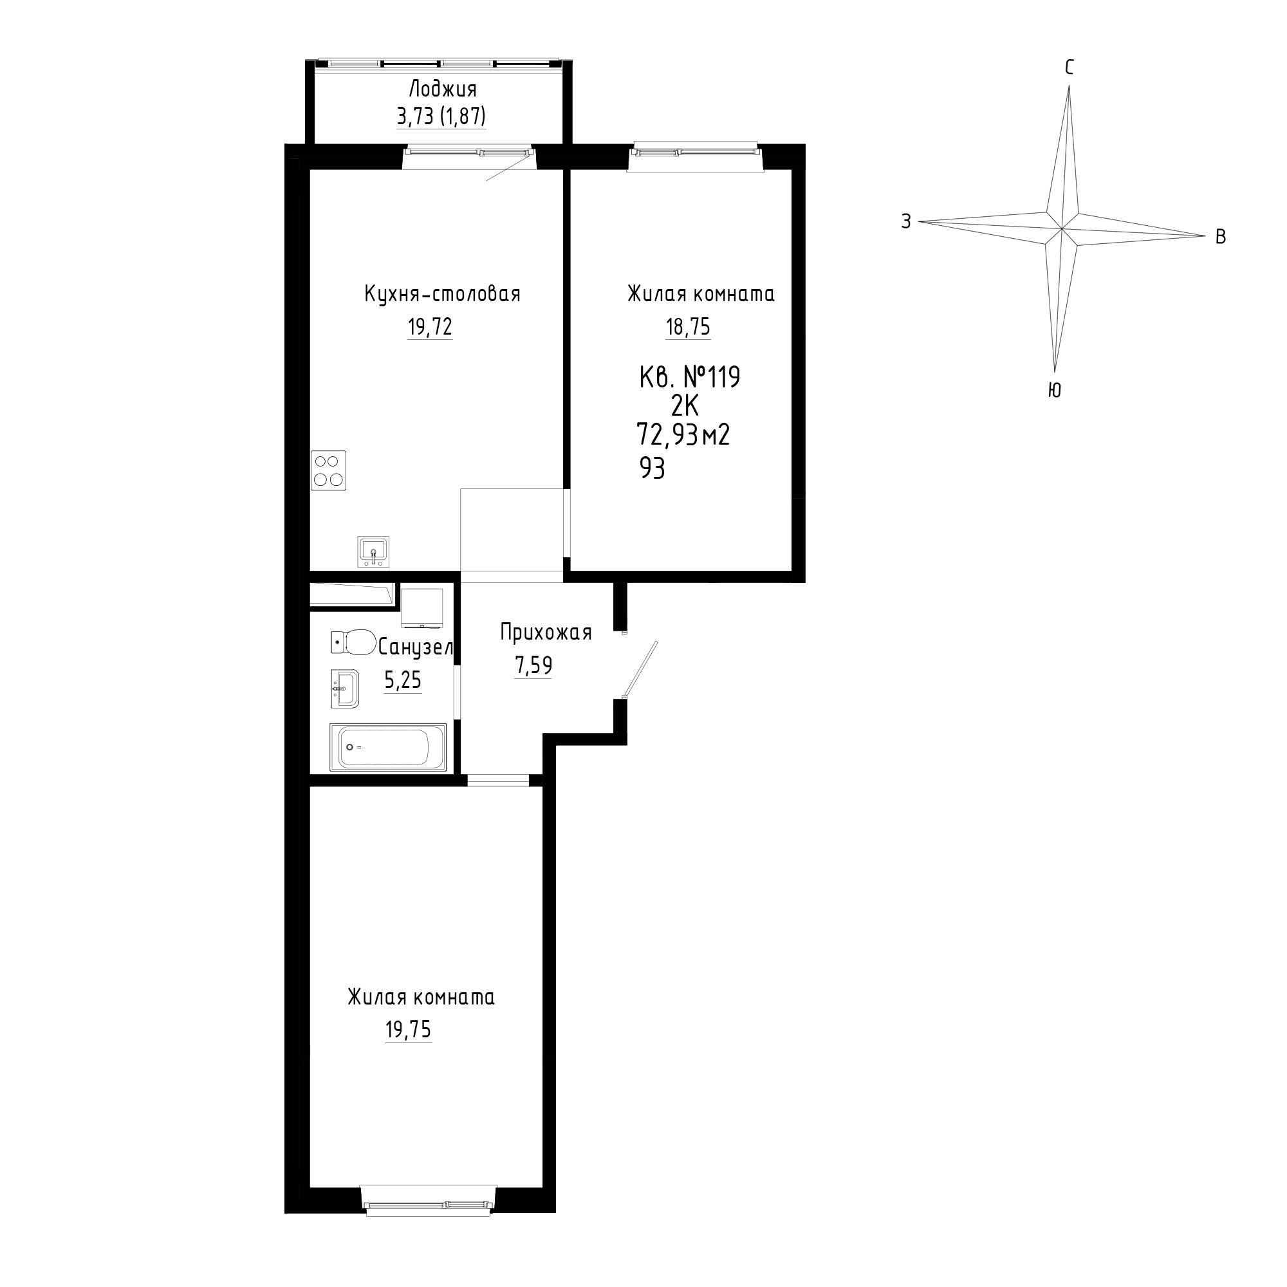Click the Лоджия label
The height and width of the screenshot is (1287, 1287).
pos(442,89)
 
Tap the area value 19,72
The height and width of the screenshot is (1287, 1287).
pos(430,327)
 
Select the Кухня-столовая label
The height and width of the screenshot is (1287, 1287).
pos(442,294)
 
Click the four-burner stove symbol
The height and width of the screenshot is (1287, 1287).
pos(328,471)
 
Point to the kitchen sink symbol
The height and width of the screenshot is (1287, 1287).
pos(374,551)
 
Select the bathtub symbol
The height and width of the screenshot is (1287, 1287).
pos(387,747)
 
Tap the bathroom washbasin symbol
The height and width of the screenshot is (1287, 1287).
pos(344,688)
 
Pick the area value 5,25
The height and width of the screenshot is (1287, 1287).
pos(403,680)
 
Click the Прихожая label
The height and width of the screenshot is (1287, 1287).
pos(546,632)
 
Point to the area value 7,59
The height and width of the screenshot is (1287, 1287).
pos(533,665)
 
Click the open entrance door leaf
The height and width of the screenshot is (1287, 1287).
pos(640,669)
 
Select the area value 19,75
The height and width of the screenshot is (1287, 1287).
pos(409,1029)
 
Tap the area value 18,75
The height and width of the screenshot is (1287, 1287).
pos(688,327)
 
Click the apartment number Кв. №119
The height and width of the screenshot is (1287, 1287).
pos(689,378)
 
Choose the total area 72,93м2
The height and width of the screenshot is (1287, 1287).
pos(683,435)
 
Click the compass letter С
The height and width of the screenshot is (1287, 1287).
pos(1069,68)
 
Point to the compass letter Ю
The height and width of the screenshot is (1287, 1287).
pos(1055,391)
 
